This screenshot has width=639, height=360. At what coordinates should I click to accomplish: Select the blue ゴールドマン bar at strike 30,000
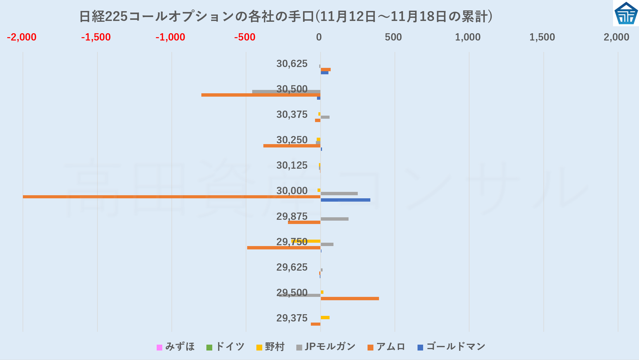[x=345, y=200]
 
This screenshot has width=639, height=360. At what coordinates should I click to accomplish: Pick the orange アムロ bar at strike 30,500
[x=261, y=95]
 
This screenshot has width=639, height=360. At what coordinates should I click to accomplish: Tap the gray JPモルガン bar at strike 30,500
[x=286, y=92]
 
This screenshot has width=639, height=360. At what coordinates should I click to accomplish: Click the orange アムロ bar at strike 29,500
[x=350, y=299]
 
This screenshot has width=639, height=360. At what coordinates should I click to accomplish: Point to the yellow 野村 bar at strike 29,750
[x=306, y=241]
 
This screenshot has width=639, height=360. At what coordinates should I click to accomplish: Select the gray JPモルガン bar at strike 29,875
[x=335, y=219]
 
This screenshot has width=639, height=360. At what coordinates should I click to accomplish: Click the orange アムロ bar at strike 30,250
[x=292, y=146]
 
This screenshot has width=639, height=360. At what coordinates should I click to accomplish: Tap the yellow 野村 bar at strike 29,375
[x=325, y=318]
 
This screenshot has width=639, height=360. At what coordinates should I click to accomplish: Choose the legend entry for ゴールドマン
[x=451, y=347]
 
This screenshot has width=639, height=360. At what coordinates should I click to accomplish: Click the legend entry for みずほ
[x=176, y=347]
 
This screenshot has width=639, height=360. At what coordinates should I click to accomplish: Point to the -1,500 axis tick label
[x=96, y=37]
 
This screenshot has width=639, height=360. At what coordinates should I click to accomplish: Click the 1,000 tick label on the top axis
[x=468, y=37]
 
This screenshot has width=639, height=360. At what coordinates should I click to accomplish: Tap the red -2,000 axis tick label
[x=22, y=37]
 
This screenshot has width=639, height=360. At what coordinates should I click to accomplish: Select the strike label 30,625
[x=292, y=64]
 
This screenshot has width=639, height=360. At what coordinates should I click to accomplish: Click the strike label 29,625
[x=292, y=267]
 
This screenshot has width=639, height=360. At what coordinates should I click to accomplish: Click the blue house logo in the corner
[x=626, y=13]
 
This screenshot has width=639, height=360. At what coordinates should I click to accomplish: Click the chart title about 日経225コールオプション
[x=285, y=16]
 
